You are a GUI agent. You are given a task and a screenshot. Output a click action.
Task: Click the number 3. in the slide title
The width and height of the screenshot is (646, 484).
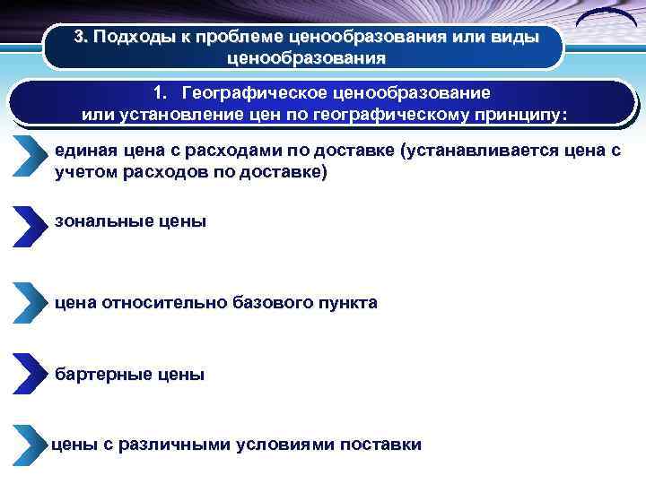81,38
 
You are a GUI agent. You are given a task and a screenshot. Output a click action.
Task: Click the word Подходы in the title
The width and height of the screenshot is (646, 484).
131,38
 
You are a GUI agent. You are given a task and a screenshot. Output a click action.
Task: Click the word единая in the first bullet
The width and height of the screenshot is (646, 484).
83,151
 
